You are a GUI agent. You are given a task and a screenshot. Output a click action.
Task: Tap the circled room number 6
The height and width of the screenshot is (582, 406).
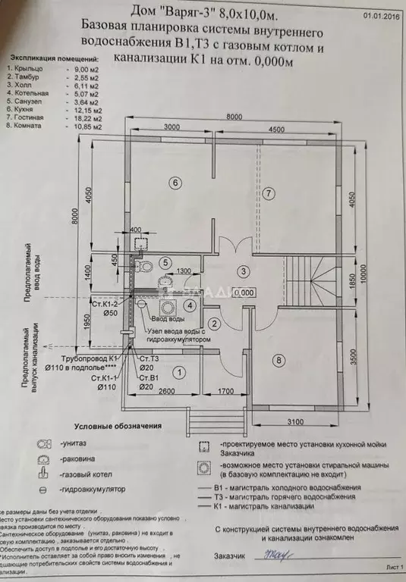pyautogui.click(x=175, y=182)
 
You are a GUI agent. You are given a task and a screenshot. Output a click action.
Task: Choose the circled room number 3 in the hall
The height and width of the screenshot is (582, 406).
pyautogui.click(x=243, y=271)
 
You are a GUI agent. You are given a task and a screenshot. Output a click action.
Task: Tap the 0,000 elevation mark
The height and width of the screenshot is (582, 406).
pyautogui.click(x=244, y=293)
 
